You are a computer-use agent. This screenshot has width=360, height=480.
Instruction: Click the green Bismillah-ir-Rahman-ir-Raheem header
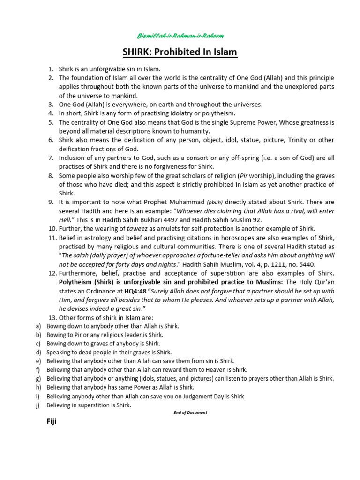[180, 36]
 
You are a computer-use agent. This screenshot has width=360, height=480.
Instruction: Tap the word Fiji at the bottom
[51, 421]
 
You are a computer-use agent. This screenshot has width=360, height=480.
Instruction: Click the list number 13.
[52, 317]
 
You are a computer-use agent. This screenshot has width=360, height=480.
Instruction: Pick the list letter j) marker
[38, 405]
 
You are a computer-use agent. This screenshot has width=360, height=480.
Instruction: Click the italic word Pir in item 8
[245, 175]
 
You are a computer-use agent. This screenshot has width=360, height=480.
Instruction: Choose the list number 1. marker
[52, 69]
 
